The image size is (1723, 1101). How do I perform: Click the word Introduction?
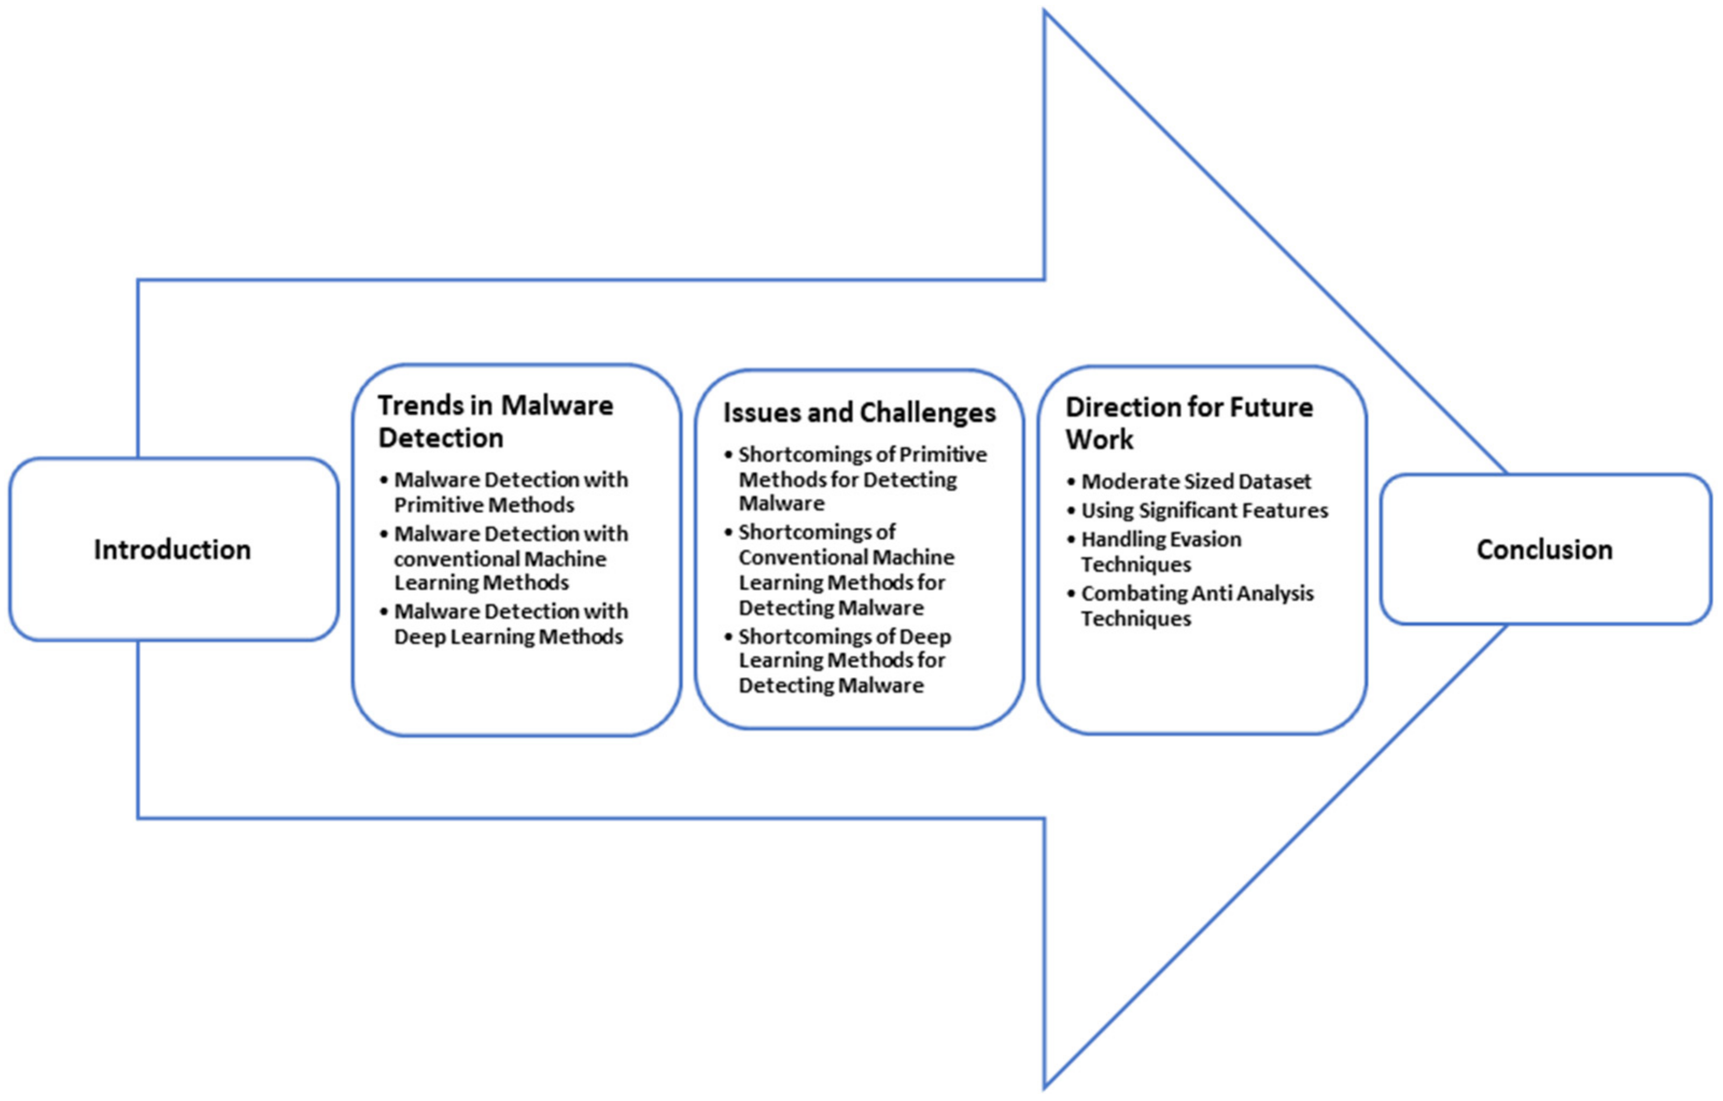pos(172,549)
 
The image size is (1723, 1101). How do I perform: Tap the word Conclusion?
pos(1545,549)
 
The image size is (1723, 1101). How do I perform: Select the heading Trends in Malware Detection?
pos(495,421)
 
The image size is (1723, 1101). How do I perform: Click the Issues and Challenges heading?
pos(860,413)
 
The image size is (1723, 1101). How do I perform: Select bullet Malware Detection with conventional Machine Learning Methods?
pos(511,558)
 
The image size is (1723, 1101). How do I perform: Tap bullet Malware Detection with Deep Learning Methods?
pos(511,624)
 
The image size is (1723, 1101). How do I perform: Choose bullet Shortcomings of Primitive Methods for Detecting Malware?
pos(862,478)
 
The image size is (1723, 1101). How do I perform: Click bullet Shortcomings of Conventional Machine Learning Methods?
pos(847,569)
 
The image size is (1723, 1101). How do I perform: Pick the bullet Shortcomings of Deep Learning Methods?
pos(845,660)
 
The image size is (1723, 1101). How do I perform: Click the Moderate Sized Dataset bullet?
pos(1195,482)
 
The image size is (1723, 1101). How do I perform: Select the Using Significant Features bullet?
pos(1204,510)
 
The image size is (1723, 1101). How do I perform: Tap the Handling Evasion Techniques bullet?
pos(1161,552)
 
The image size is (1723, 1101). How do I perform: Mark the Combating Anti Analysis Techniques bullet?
pos(1197,605)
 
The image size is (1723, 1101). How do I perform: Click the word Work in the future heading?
pos(1099,439)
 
